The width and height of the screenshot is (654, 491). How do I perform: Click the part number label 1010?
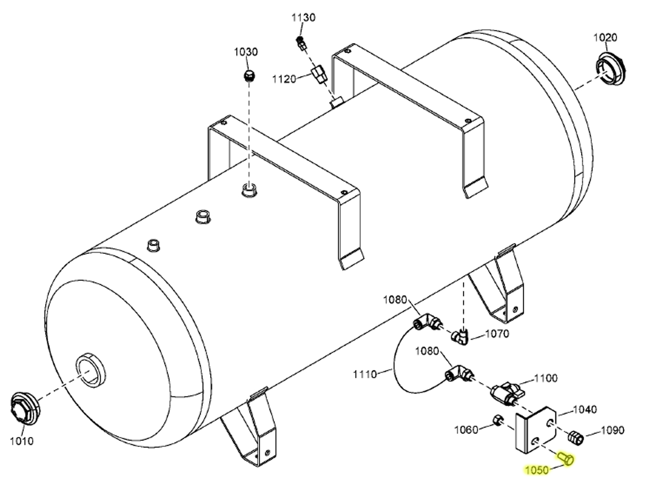[x=21, y=441]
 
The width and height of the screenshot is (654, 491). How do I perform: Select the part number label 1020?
[x=605, y=37]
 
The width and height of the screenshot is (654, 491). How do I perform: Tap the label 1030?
[x=246, y=52]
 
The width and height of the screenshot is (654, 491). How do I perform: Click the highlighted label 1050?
[x=537, y=470]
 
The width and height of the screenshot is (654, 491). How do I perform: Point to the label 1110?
[x=365, y=373]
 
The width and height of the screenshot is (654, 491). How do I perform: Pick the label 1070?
[x=496, y=334]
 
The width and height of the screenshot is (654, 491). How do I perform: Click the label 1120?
[x=284, y=79]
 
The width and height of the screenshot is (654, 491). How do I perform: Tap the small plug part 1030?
[x=249, y=76]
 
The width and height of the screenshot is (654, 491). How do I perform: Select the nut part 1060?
[x=496, y=420]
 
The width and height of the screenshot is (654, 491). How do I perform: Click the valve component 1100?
[x=506, y=391]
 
